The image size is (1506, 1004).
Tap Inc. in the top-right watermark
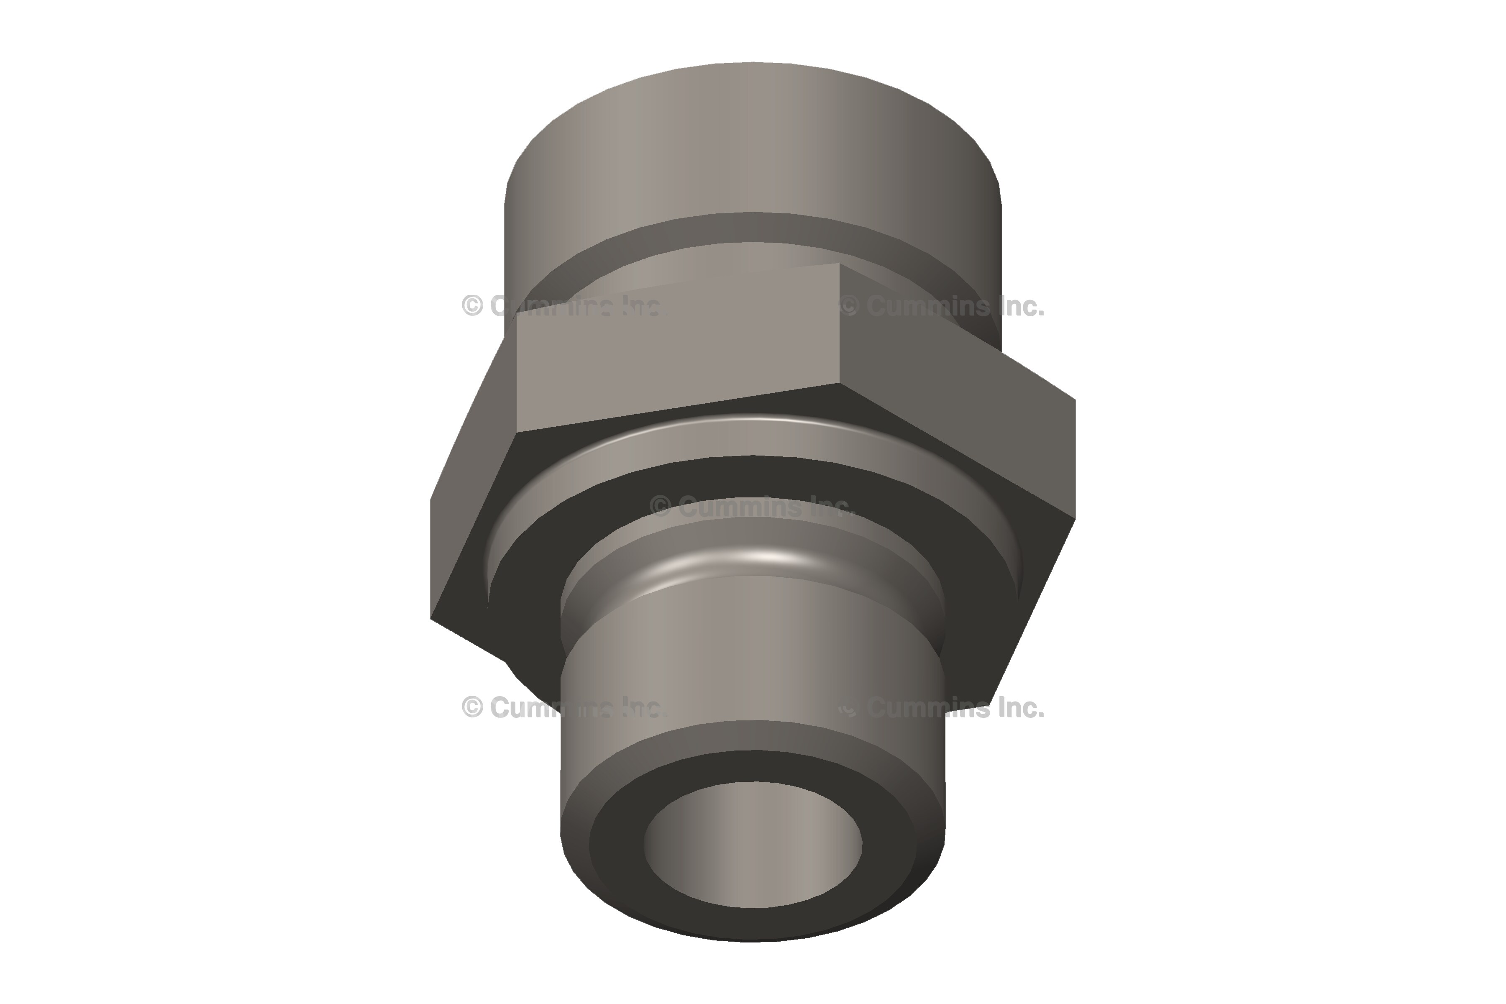pyautogui.click(x=1021, y=307)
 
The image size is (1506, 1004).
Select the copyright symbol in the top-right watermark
pyautogui.click(x=849, y=307)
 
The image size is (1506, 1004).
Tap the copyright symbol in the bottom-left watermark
pyautogui.click(x=473, y=707)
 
